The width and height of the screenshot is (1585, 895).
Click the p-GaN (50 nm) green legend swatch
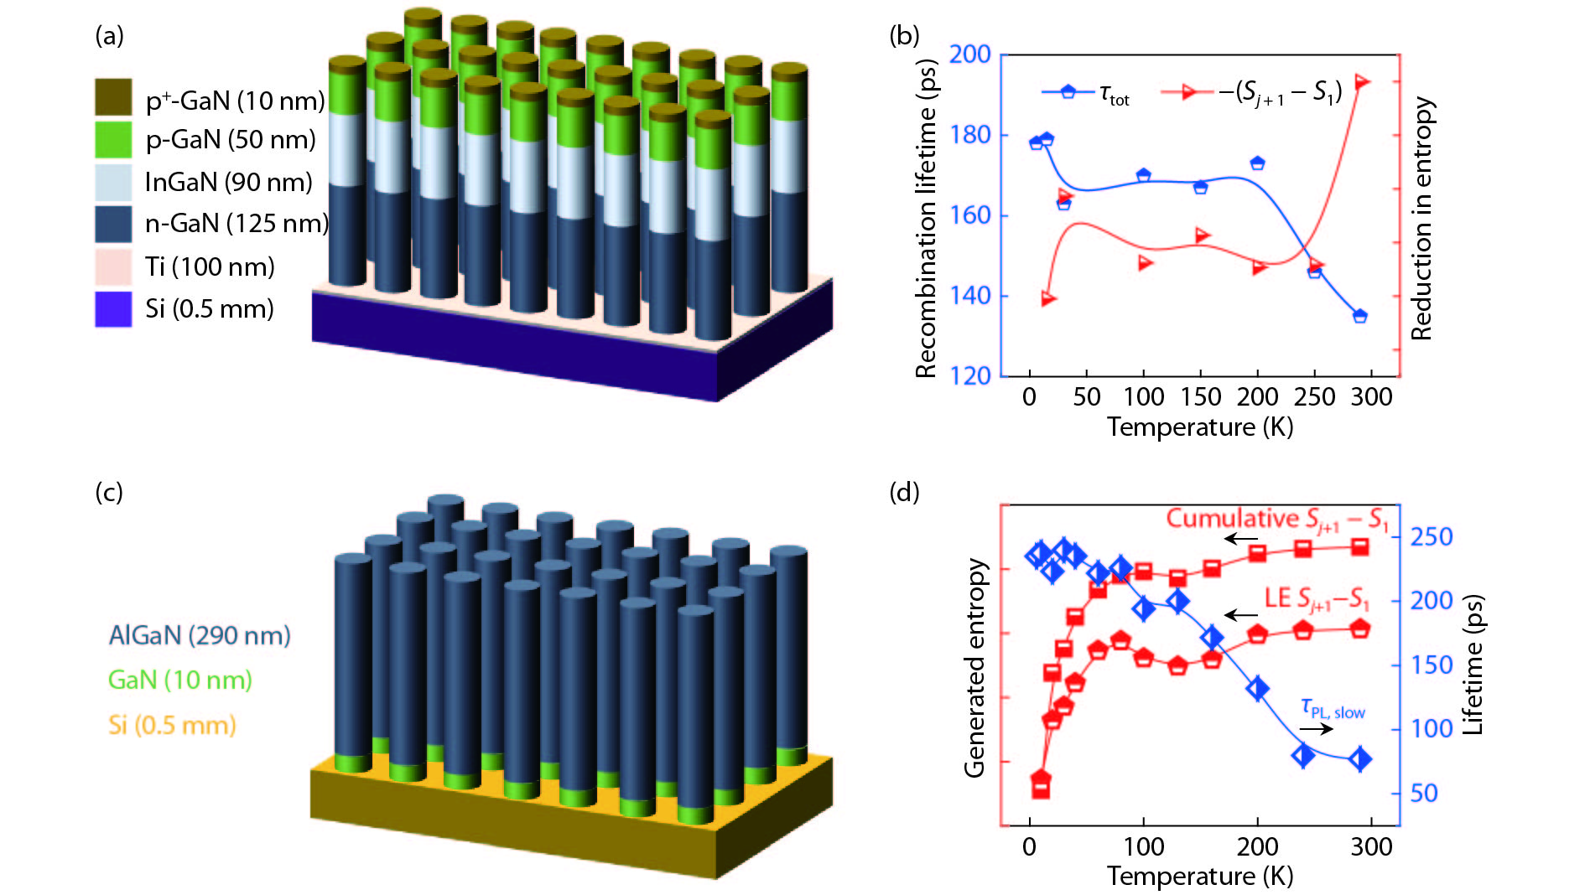pos(113,140)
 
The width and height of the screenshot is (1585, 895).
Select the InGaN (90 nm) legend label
pos(228,182)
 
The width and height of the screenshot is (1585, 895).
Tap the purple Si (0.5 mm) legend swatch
pos(113,308)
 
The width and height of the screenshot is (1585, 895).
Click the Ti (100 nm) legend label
pos(210,266)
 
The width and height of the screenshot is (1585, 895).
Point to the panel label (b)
pos(904,35)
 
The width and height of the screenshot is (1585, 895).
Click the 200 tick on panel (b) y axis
pos(969,54)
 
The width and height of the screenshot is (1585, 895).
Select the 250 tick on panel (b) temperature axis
pos(1314,396)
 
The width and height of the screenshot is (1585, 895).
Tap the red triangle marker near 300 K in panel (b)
pos(1362,82)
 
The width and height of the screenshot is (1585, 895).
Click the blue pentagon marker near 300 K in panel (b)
pos(1360,316)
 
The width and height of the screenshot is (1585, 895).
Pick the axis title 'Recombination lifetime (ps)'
pos(926,218)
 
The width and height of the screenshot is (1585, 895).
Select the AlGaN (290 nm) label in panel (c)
pos(200,635)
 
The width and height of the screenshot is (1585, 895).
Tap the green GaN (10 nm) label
pos(180,680)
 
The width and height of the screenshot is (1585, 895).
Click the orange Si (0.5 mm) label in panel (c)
pos(172,725)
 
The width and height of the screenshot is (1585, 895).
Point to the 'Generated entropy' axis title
pos(974,668)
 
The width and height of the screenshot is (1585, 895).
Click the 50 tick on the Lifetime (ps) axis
pos(1424,793)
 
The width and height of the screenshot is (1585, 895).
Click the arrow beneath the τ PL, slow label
pos(1317,728)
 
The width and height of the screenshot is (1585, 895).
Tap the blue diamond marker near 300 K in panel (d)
pos(1360,759)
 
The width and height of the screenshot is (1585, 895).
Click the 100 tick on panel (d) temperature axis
pos(1144,846)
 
